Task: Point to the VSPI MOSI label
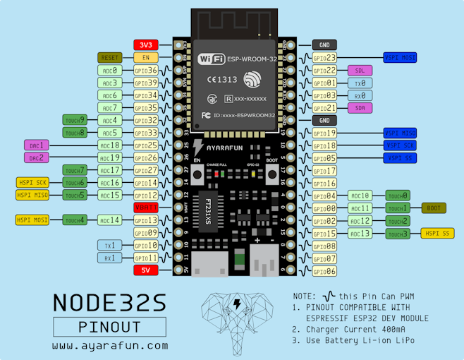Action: tap(400, 57)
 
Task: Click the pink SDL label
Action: tap(360, 71)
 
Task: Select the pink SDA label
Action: tap(360, 108)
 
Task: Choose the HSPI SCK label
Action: tap(32, 182)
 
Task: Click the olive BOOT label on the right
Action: tap(433, 208)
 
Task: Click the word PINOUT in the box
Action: tap(110, 326)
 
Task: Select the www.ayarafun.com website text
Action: tap(110, 346)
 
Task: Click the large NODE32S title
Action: tap(110, 302)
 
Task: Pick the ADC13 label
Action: tap(360, 233)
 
